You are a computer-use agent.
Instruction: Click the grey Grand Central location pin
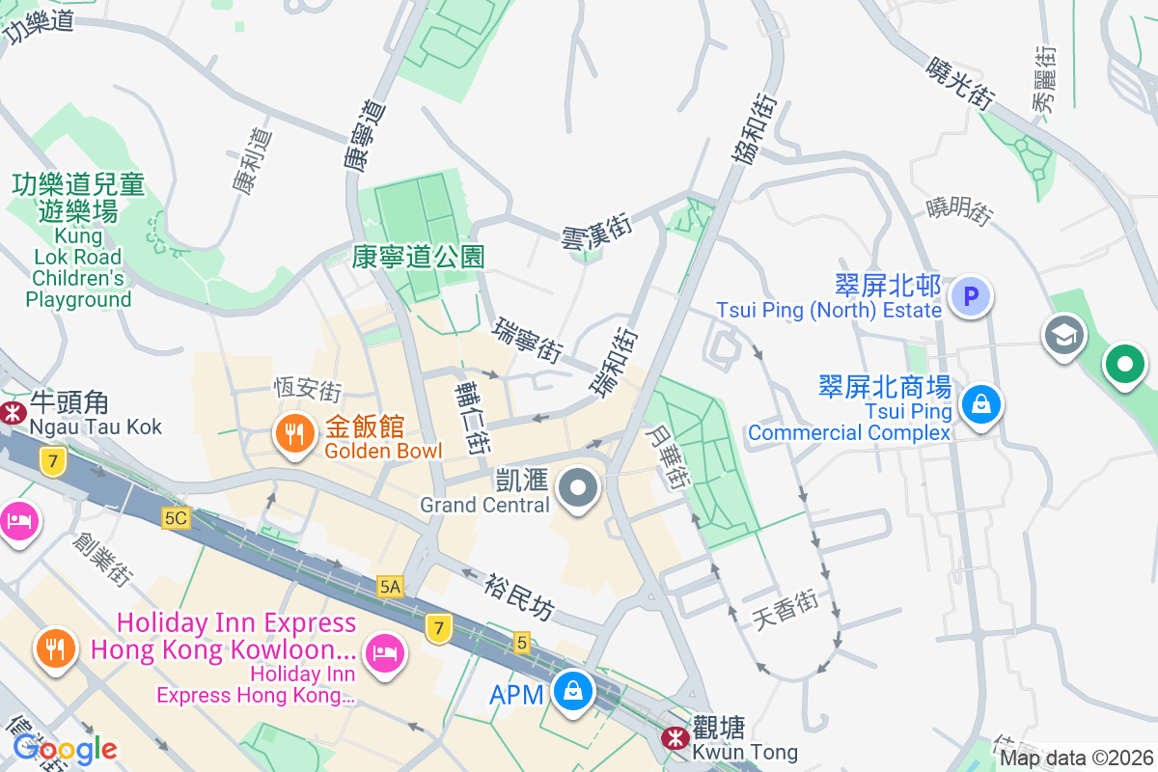pos(578,489)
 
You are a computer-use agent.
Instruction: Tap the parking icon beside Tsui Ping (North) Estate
pos(971,296)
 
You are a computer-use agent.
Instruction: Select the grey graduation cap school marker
pos(1064,337)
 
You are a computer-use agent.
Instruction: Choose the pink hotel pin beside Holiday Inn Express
pos(385,654)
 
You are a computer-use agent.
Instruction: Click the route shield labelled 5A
pos(390,586)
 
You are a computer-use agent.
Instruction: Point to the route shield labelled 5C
pos(176,518)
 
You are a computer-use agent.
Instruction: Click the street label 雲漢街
pos(596,233)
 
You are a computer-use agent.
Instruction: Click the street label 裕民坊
pos(520,594)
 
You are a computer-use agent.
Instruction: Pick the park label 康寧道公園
pos(418,256)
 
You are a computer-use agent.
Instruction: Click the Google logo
pos(65,748)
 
